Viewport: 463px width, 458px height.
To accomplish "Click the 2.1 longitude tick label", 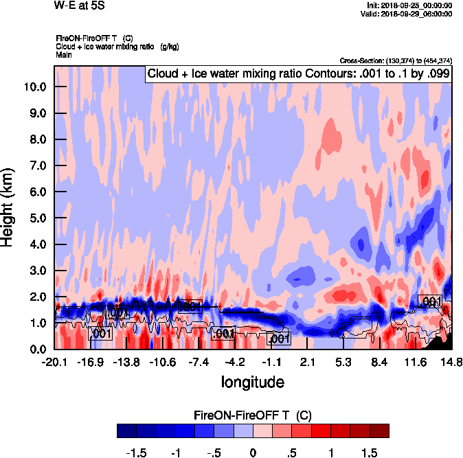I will [307, 362].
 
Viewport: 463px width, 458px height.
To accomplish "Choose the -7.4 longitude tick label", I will [199, 362].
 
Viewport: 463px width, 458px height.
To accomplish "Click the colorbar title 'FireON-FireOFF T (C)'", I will [253, 415].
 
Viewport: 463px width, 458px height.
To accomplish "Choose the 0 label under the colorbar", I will [253, 453].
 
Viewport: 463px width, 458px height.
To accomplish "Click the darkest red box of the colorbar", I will [379, 431].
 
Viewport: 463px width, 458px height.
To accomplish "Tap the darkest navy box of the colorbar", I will [126, 431].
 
